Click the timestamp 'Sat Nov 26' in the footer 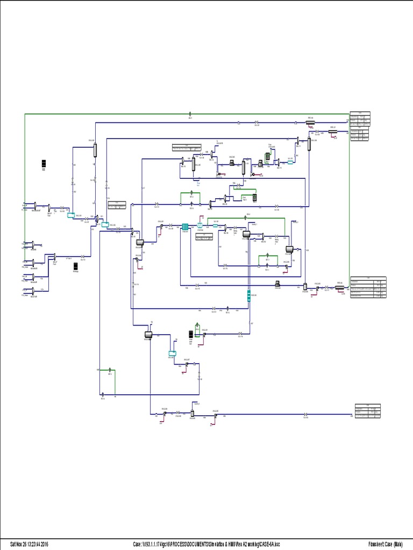20,544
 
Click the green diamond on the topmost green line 190,114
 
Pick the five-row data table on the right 368,287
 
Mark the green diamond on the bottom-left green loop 110,370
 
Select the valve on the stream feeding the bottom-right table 305,414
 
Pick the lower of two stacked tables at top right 360,134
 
